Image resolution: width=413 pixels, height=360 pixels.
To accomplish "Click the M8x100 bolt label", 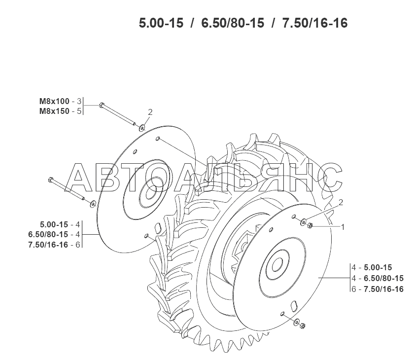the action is click(x=54, y=101).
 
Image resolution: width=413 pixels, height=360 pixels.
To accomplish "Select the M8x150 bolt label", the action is click(x=54, y=111).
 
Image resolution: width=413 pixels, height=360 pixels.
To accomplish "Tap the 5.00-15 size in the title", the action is click(x=161, y=23).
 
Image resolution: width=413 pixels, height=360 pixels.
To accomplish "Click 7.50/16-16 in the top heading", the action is click(x=315, y=23).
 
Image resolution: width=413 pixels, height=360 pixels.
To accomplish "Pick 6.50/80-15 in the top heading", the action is click(x=233, y=23).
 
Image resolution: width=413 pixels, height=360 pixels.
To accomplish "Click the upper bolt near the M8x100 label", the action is click(x=117, y=114).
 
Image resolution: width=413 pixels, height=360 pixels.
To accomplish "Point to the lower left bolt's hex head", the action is click(x=51, y=180).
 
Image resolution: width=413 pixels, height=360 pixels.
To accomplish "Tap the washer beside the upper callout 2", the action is click(x=142, y=128).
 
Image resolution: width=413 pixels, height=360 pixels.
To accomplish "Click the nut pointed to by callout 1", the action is click(x=310, y=225).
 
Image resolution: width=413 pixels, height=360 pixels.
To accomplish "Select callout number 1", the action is click(x=343, y=227).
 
